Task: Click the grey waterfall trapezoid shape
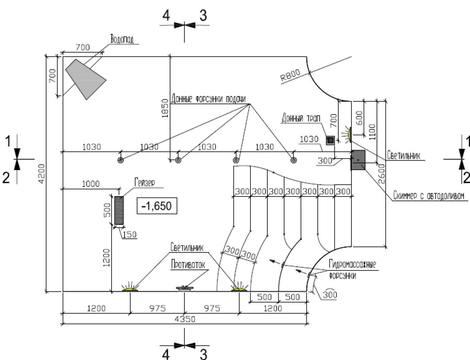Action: [x=85, y=78]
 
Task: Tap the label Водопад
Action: [x=122, y=39]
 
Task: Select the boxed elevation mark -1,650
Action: [x=157, y=206]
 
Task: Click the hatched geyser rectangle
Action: [x=119, y=211]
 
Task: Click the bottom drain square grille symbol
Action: [x=331, y=140]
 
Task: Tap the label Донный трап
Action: [x=301, y=118]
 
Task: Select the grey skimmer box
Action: [x=358, y=160]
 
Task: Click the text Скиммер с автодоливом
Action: [x=428, y=196]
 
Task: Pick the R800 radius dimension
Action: [x=290, y=75]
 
